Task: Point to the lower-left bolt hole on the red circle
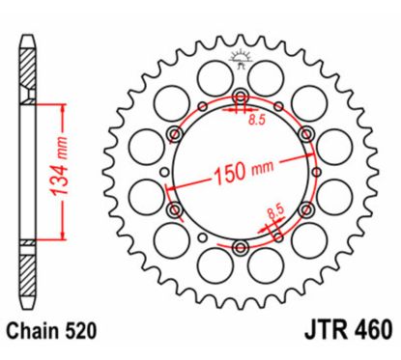[174, 209]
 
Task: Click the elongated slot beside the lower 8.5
[273, 227]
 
